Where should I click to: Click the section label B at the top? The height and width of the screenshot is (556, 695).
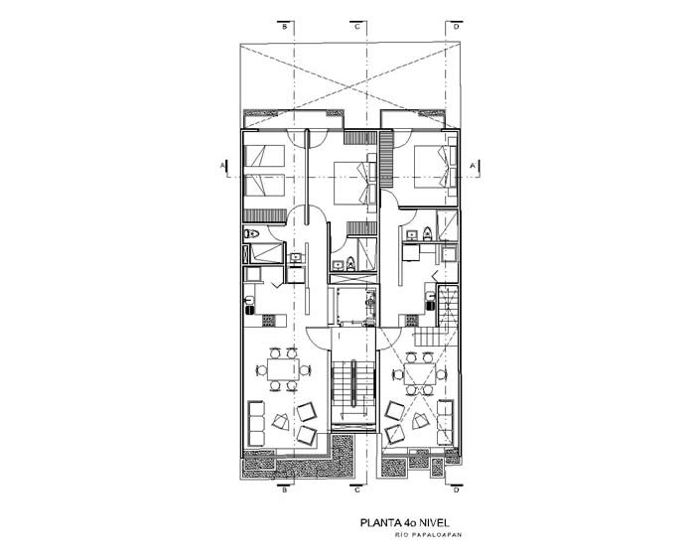click(x=285, y=27)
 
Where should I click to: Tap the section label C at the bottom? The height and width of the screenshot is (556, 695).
click(x=357, y=489)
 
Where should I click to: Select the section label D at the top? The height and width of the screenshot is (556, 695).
click(x=457, y=27)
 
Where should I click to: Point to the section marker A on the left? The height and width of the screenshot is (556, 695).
click(x=222, y=166)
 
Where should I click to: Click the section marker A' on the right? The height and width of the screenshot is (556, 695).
click(x=473, y=166)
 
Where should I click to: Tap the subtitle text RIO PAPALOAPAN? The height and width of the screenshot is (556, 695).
click(x=429, y=535)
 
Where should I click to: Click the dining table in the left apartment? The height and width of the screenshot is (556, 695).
click(x=283, y=369)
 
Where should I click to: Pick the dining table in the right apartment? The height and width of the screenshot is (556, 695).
click(x=419, y=373)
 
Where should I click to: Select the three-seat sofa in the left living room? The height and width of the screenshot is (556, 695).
click(x=256, y=423)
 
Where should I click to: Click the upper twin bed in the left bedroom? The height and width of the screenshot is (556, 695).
click(x=265, y=156)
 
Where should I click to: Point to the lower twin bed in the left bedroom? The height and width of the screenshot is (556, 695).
click(x=265, y=185)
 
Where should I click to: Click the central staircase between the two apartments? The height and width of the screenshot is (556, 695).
click(x=353, y=385)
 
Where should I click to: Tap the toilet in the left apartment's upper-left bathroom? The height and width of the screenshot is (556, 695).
click(x=251, y=233)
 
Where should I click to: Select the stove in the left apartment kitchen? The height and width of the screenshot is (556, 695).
click(x=269, y=320)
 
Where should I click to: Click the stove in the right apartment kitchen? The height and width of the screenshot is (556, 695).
click(x=412, y=320)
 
